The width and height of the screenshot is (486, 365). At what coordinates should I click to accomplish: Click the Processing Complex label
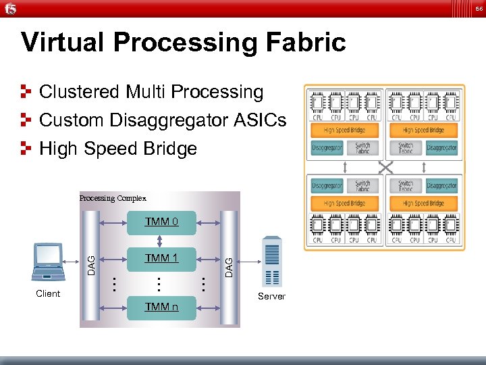click(112, 198)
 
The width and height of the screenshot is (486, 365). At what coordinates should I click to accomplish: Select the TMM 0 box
click(161, 222)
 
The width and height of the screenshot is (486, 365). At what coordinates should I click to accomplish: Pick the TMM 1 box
click(161, 258)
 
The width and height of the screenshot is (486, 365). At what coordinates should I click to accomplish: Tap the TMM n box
click(161, 307)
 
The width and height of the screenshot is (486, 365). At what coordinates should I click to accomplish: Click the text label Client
click(48, 293)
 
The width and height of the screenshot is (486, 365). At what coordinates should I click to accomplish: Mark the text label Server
click(271, 296)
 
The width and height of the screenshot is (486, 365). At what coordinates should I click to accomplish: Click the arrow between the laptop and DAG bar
click(72, 261)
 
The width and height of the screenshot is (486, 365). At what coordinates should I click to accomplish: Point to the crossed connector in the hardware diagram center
click(385, 166)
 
